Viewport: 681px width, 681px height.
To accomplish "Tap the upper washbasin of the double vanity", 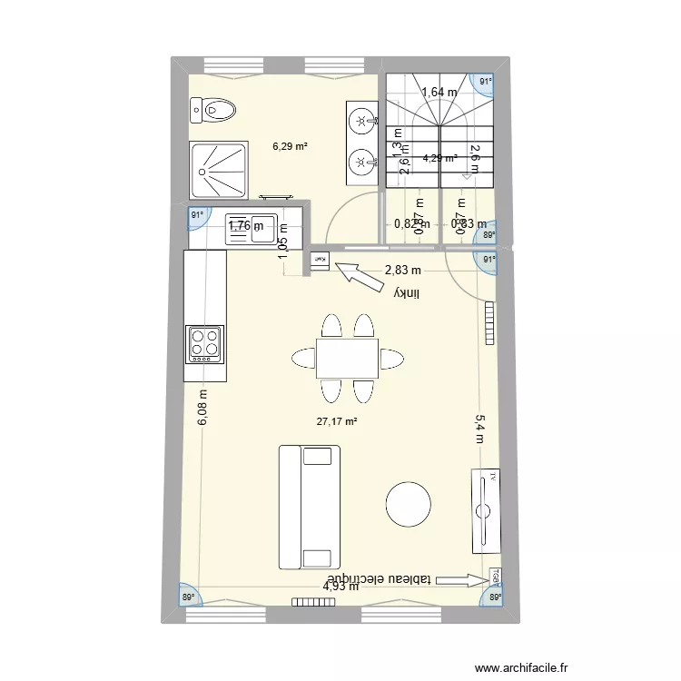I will (x=362, y=119).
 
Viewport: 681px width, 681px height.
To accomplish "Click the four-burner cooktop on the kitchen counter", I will (x=204, y=344).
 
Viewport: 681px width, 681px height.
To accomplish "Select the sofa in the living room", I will (x=310, y=507).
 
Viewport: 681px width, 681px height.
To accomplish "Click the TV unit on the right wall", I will (x=485, y=511).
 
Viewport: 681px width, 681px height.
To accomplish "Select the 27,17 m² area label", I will (x=336, y=421).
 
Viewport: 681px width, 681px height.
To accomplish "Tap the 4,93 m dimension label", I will (x=340, y=587).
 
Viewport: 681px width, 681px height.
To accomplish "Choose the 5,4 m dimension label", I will (x=480, y=429).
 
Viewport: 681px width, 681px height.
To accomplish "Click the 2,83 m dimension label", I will (x=403, y=270).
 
